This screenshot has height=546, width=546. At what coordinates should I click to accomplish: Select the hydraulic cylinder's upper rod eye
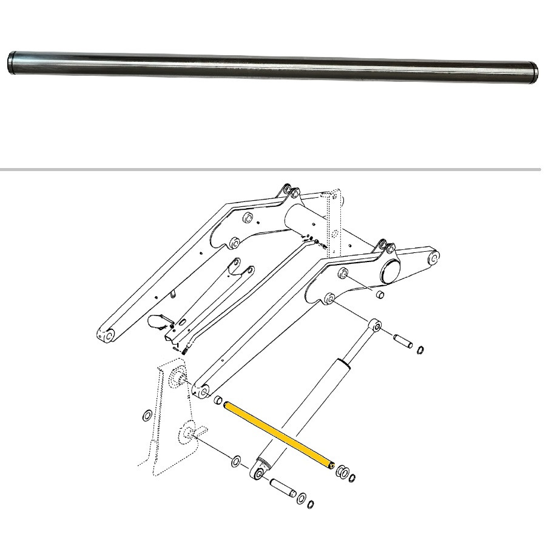[376, 326]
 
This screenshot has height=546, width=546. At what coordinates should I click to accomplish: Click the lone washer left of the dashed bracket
[147, 416]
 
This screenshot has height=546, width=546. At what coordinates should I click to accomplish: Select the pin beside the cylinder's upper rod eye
[403, 340]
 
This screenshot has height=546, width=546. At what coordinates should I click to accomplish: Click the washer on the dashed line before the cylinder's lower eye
[236, 462]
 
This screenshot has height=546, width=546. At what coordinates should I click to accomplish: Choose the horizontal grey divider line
[273, 169]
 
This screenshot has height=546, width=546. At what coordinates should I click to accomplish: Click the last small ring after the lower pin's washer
[311, 504]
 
